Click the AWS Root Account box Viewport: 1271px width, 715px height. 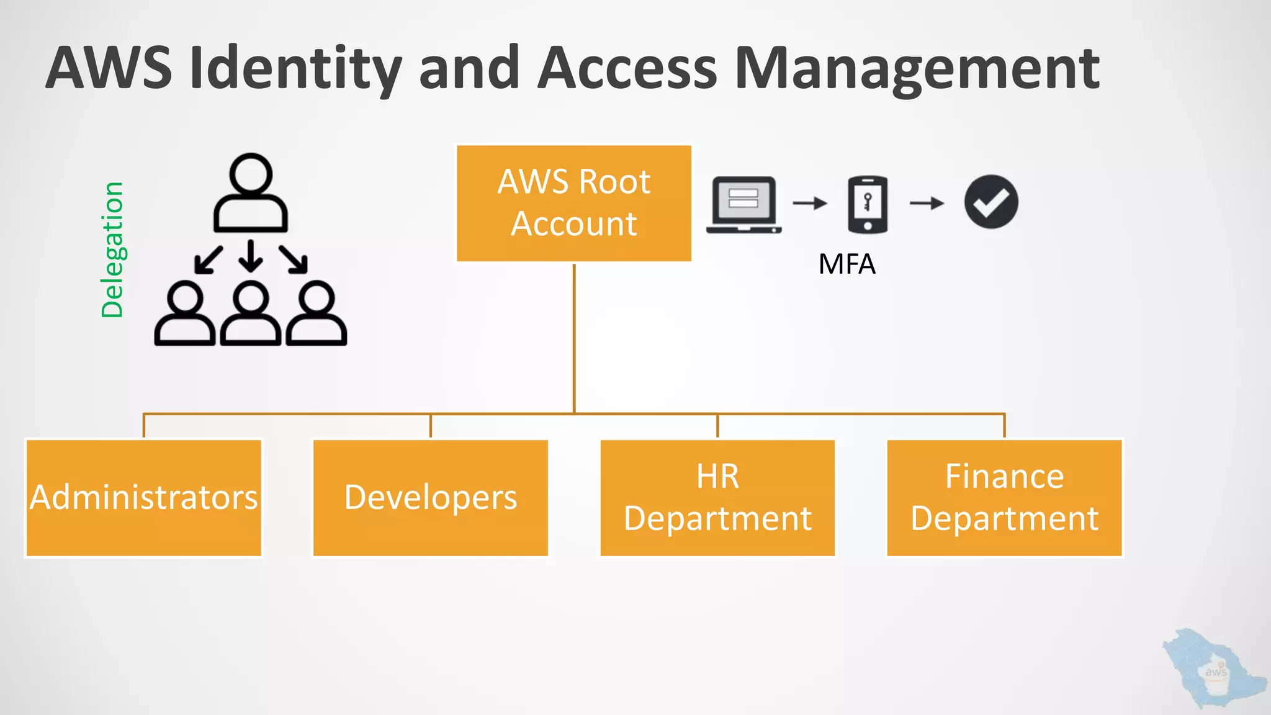click(x=573, y=203)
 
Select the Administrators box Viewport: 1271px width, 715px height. click(x=143, y=498)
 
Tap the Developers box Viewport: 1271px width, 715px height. click(x=430, y=498)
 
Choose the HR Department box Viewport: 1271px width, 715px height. click(x=717, y=498)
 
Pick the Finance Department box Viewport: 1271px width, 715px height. click(x=1004, y=498)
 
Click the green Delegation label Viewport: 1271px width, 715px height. click(x=112, y=250)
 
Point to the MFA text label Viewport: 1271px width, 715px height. click(x=847, y=264)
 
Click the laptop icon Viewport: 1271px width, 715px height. click(x=743, y=204)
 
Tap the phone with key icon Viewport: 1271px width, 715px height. click(x=868, y=204)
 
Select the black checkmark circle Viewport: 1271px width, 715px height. click(x=991, y=202)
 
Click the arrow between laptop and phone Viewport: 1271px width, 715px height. click(x=810, y=203)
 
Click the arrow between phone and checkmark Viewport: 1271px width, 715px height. click(x=927, y=203)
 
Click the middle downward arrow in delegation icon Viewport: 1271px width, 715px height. click(x=251, y=256)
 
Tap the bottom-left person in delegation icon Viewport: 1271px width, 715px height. click(x=185, y=314)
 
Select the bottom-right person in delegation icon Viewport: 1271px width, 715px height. click(x=316, y=314)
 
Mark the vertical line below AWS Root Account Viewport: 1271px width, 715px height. click(x=574, y=338)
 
